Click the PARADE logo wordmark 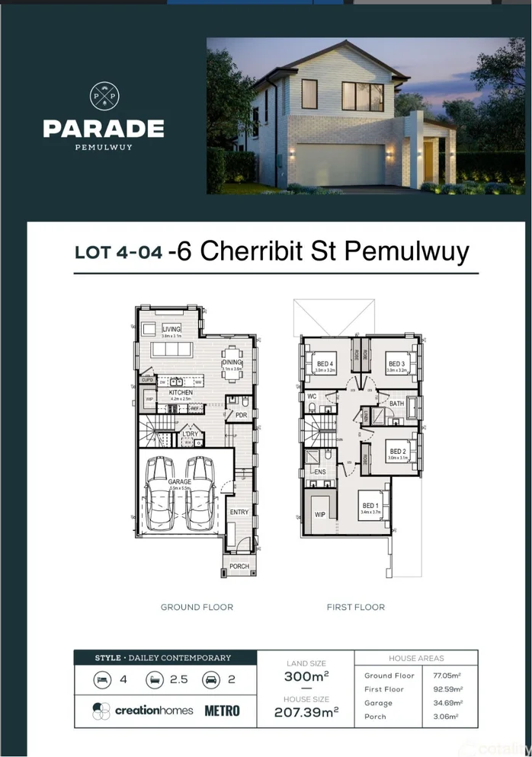point(103,128)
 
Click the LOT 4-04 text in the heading point(118,253)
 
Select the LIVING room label point(171,329)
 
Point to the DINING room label point(232,363)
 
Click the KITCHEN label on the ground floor point(181,392)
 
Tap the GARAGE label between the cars point(180,482)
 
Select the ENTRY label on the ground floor point(239,513)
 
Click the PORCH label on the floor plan point(239,566)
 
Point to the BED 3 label point(396,364)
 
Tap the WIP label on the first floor point(320,515)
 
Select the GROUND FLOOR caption point(197,607)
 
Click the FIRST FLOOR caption point(356,607)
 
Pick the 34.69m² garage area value point(448,703)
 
